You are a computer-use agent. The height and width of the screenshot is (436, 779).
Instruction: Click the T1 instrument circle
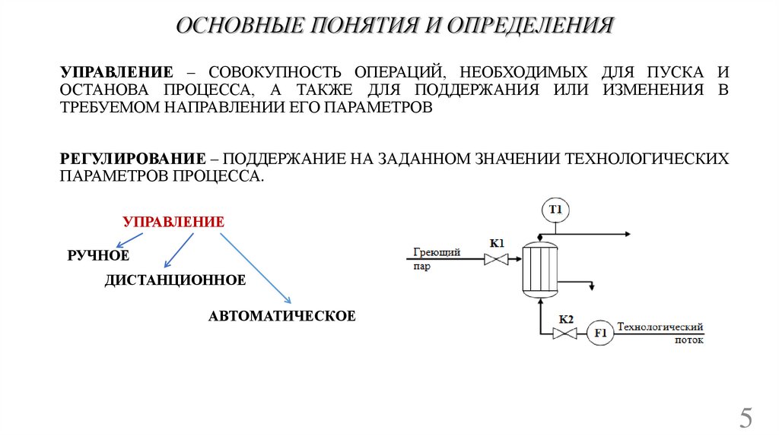tap(555, 209)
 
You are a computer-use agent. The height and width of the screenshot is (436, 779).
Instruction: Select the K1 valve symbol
tap(497, 260)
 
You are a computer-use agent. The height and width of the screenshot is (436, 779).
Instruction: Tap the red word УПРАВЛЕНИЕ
tap(173, 223)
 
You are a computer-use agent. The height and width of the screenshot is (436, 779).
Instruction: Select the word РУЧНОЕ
tap(98, 255)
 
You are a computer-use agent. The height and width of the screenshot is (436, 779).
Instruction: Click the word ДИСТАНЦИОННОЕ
tap(175, 280)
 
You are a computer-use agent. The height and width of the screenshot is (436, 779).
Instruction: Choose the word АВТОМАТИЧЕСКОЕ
tap(282, 315)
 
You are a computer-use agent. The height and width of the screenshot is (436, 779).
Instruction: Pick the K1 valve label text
tap(497, 243)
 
